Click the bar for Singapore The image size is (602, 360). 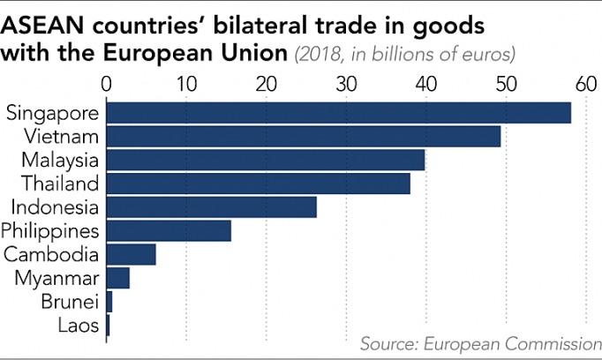point(338,113)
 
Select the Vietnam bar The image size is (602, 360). point(304,137)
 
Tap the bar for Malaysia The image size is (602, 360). point(266,160)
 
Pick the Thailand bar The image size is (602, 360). point(259,184)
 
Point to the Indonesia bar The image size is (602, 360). point(212,207)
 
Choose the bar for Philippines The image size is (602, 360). point(169,230)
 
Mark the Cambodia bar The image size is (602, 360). point(132,254)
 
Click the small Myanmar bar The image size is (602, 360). point(118,278)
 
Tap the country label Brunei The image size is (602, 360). point(70,302)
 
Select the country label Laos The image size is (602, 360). point(79,326)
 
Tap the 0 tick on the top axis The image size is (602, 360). point(107,85)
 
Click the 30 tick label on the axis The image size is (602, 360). point(346,85)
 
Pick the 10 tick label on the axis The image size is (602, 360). point(186,85)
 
